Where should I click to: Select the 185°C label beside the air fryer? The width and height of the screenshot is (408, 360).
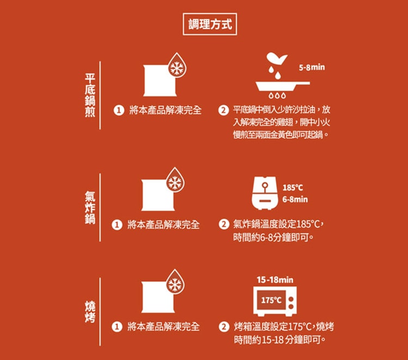(x=293, y=188)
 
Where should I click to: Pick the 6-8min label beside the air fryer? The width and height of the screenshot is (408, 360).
(x=295, y=200)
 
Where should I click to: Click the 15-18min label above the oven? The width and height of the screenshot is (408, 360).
(x=275, y=280)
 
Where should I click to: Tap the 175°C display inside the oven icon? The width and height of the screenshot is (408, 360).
(x=271, y=300)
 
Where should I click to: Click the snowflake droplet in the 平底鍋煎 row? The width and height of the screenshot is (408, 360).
(x=176, y=67)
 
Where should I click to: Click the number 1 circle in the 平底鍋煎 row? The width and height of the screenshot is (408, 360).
(x=117, y=110)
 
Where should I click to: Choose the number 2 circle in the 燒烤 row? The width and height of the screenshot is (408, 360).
(x=223, y=327)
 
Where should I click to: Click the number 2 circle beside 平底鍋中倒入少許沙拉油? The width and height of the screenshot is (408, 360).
(x=223, y=110)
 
